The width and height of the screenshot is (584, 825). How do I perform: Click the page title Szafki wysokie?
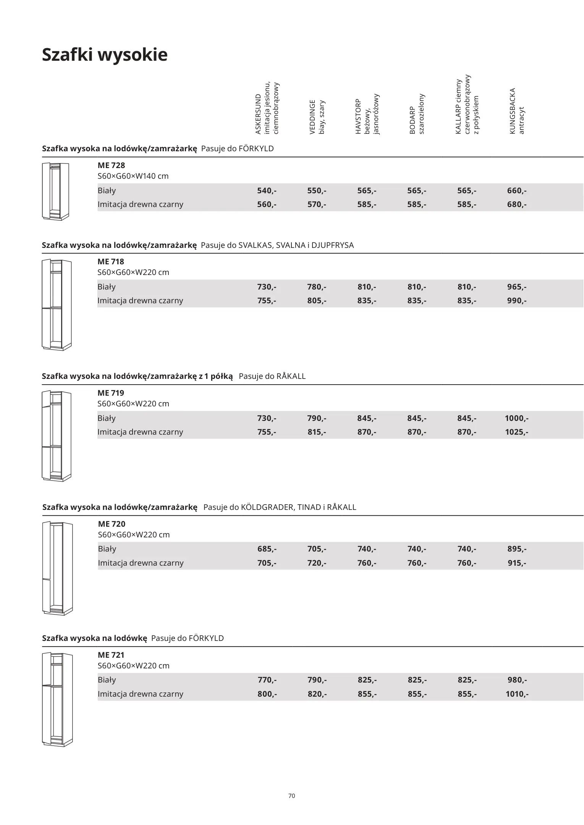(105, 55)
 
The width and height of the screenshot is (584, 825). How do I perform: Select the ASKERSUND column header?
(267, 109)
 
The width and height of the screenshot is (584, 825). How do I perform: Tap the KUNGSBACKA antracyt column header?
(517, 111)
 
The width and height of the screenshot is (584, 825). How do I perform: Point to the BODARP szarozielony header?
(417, 114)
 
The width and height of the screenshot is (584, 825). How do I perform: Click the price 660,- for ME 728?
(517, 191)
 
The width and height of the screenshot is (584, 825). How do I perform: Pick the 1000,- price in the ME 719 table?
(516, 418)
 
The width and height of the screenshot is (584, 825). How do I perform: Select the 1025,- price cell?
(516, 432)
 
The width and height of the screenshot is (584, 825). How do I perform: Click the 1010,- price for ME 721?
(517, 694)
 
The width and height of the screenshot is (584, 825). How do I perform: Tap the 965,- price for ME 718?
(517, 287)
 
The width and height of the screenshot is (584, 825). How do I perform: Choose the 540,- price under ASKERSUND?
(267, 191)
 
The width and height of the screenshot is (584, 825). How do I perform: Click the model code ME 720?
(112, 524)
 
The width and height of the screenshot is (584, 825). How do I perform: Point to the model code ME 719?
(111, 393)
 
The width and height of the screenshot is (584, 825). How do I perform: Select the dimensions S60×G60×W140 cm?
(133, 176)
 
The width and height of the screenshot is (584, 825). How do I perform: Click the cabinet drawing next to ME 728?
(55, 191)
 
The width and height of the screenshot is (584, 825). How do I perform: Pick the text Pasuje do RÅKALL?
(272, 376)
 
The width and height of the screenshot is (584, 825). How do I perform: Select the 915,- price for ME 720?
(517, 563)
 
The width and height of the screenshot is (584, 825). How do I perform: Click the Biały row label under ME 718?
(107, 287)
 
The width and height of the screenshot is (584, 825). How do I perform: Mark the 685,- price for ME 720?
(267, 549)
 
